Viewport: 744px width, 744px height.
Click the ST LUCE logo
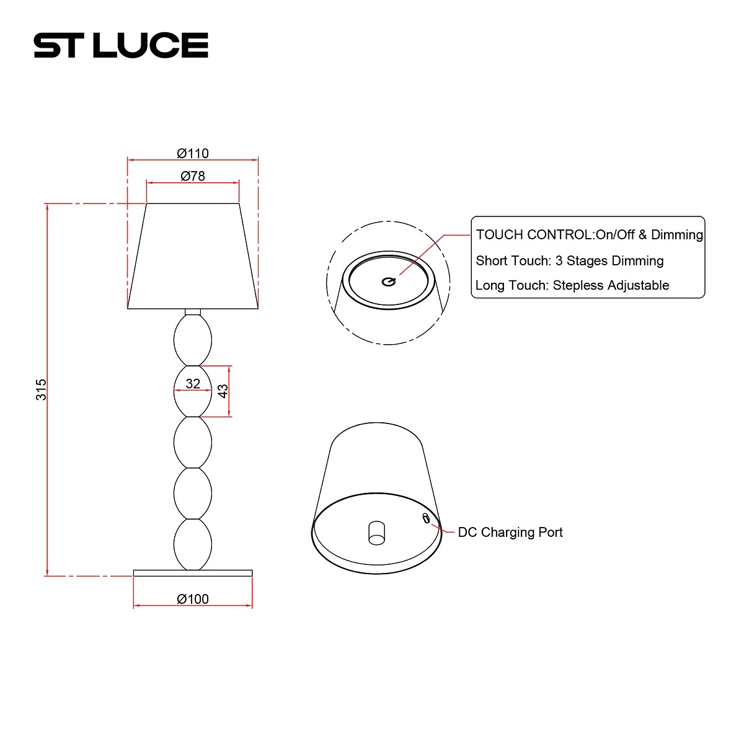coord(121,45)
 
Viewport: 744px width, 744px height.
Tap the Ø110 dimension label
coord(192,153)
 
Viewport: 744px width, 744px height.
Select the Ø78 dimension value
coord(192,176)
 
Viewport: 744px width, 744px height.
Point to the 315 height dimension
coord(41,389)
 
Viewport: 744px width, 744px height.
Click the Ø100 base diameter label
coord(192,599)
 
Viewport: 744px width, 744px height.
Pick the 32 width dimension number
coord(193,384)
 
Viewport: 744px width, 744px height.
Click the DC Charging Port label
coord(510,532)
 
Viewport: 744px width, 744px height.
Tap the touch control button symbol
coord(388,281)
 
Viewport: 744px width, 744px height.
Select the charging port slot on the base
coord(426,518)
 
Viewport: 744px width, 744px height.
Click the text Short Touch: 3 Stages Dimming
coord(569,260)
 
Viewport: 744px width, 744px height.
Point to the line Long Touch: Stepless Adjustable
coord(572,285)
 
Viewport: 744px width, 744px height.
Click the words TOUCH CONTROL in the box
coord(534,234)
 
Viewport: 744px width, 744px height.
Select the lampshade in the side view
coord(193,255)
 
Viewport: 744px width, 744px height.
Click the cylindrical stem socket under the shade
coord(376,533)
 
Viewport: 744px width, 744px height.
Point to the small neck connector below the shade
coord(193,311)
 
